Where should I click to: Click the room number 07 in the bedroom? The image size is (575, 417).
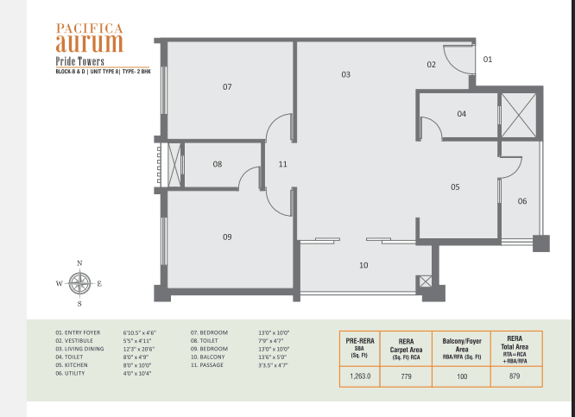point(227,87)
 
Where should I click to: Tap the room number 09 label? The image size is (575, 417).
point(227,237)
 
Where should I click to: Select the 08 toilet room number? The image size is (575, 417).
point(218,164)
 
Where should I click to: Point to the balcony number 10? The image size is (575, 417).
point(363,265)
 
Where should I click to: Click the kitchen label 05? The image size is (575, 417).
point(455,187)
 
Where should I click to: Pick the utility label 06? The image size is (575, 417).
point(522,201)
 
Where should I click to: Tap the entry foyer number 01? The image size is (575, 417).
point(487,60)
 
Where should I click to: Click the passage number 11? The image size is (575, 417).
point(282,164)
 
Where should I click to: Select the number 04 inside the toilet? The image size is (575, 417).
point(461,114)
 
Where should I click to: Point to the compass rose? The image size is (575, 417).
point(79,283)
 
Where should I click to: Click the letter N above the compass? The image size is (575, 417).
point(79,263)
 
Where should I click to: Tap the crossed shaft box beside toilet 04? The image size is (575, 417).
point(519,115)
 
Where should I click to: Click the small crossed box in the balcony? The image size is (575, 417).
point(426,281)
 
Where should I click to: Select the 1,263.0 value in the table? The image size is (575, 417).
point(360,376)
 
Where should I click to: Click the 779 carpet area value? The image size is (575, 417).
point(406,376)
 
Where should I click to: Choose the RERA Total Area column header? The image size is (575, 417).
point(515,350)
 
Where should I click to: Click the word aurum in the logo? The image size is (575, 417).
point(90,43)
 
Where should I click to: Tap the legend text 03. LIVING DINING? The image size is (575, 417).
point(79,349)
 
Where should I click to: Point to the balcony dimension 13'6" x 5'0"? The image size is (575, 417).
point(273,357)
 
